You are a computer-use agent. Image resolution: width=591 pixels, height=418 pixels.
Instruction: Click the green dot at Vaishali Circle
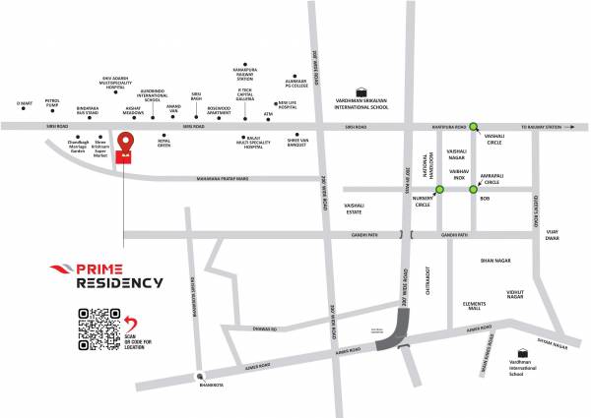tap(474, 126)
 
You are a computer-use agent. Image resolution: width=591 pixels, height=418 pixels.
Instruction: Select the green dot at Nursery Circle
tap(439, 189)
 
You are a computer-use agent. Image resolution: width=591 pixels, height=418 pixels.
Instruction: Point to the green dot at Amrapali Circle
tap(473, 189)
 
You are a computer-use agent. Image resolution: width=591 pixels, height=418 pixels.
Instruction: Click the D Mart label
tap(26, 103)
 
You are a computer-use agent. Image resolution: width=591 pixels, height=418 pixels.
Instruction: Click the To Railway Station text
tap(545, 126)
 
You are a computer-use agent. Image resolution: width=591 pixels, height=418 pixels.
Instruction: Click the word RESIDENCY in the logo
tap(120, 282)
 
